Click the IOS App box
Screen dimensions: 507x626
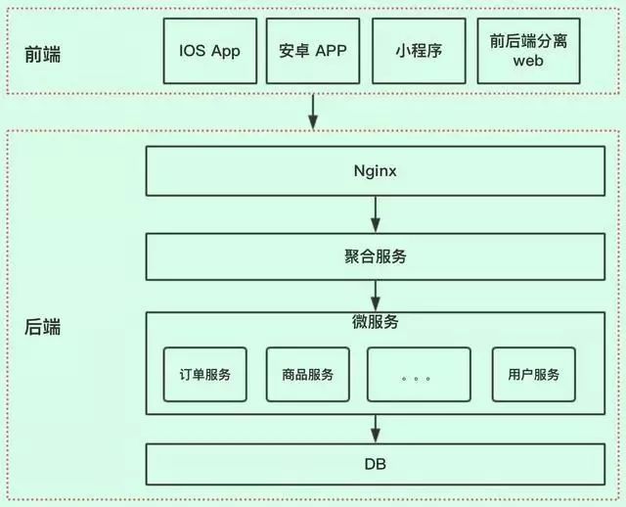pyautogui.click(x=211, y=50)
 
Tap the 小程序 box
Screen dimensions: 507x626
pyautogui.click(x=419, y=50)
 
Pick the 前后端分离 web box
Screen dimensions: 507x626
pyautogui.click(x=528, y=50)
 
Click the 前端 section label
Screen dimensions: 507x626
pyautogui.click(x=42, y=54)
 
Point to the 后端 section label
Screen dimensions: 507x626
pyautogui.click(x=42, y=327)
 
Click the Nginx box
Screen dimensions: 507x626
pyautogui.click(x=376, y=170)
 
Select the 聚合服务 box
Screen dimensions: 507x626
pyautogui.click(x=376, y=257)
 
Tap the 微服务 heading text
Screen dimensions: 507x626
pyautogui.click(x=376, y=322)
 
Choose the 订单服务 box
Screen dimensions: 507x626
pyautogui.click(x=205, y=374)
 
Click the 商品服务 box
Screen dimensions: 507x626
pyautogui.click(x=308, y=374)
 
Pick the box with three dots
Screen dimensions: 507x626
pyautogui.click(x=418, y=374)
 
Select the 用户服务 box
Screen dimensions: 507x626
pyautogui.click(x=533, y=374)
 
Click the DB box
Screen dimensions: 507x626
pyautogui.click(x=376, y=464)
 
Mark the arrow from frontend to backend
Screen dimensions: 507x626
pyautogui.click(x=312, y=111)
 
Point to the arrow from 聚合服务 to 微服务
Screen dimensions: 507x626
pyautogui.click(x=376, y=295)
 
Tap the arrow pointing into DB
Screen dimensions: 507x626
pyautogui.click(x=376, y=428)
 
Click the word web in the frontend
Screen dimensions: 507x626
pyautogui.click(x=528, y=61)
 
